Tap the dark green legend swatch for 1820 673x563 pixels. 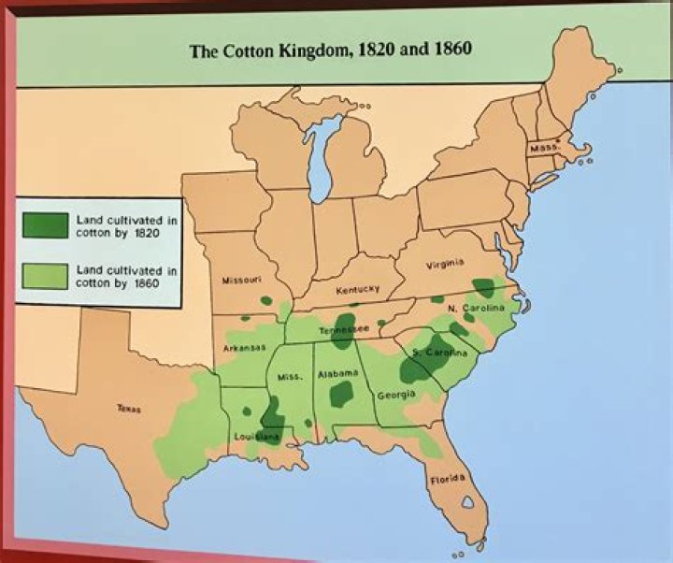point(46,225)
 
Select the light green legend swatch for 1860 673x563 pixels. point(46,276)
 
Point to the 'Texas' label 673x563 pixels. point(128,409)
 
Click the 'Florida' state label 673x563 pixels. point(447,480)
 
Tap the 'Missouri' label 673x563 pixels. point(241,280)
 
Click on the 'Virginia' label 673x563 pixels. point(446,265)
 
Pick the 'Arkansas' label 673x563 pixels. point(240,348)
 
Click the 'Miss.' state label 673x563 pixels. point(289,376)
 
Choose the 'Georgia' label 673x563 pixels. point(395,395)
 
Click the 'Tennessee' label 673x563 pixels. point(345,331)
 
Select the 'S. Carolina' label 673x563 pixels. point(439,353)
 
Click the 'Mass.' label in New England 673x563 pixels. point(544,148)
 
